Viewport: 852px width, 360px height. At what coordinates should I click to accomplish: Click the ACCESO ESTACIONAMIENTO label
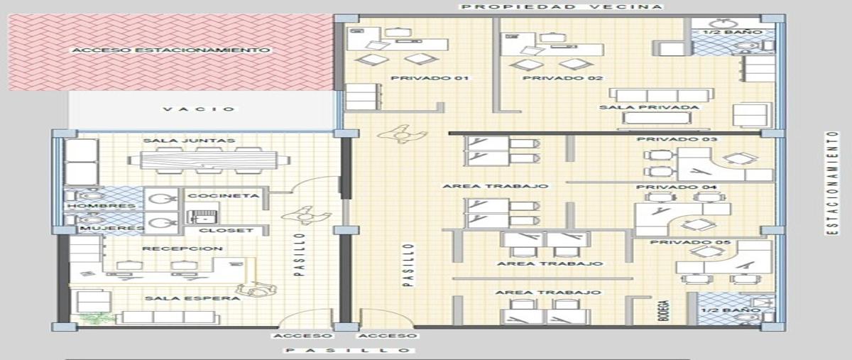click(x=171, y=50)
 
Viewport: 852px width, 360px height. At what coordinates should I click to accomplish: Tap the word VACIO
click(x=199, y=109)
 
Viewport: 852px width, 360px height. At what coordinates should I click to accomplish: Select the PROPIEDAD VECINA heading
click(x=562, y=6)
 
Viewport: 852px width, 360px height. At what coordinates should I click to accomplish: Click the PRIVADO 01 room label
click(x=430, y=78)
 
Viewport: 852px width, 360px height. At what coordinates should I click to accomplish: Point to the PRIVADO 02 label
click(x=562, y=78)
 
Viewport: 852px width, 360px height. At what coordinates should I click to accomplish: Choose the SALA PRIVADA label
click(x=649, y=107)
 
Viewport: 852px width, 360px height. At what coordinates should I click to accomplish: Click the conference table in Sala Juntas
click(x=209, y=160)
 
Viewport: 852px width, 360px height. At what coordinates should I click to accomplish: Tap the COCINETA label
click(x=223, y=195)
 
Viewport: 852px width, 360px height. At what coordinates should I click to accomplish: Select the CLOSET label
click(x=226, y=230)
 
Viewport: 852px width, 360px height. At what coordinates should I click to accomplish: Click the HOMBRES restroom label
click(x=102, y=206)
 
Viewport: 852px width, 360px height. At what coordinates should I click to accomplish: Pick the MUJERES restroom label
click(x=112, y=229)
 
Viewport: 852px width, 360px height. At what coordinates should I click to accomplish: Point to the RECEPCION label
click(x=182, y=249)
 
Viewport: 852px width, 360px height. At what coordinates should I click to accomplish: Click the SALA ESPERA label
click(x=192, y=298)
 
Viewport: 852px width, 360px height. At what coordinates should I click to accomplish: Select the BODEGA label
click(x=664, y=310)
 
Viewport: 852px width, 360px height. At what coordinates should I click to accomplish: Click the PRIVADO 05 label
click(x=690, y=242)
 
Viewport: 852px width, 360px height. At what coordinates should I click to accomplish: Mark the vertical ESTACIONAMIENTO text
click(x=832, y=183)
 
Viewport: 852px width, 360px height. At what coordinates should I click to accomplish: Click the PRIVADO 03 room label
click(x=677, y=139)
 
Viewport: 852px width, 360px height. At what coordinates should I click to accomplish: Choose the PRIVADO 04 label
click(x=676, y=187)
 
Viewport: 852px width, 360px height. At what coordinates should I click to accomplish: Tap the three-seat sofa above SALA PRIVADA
click(x=662, y=95)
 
